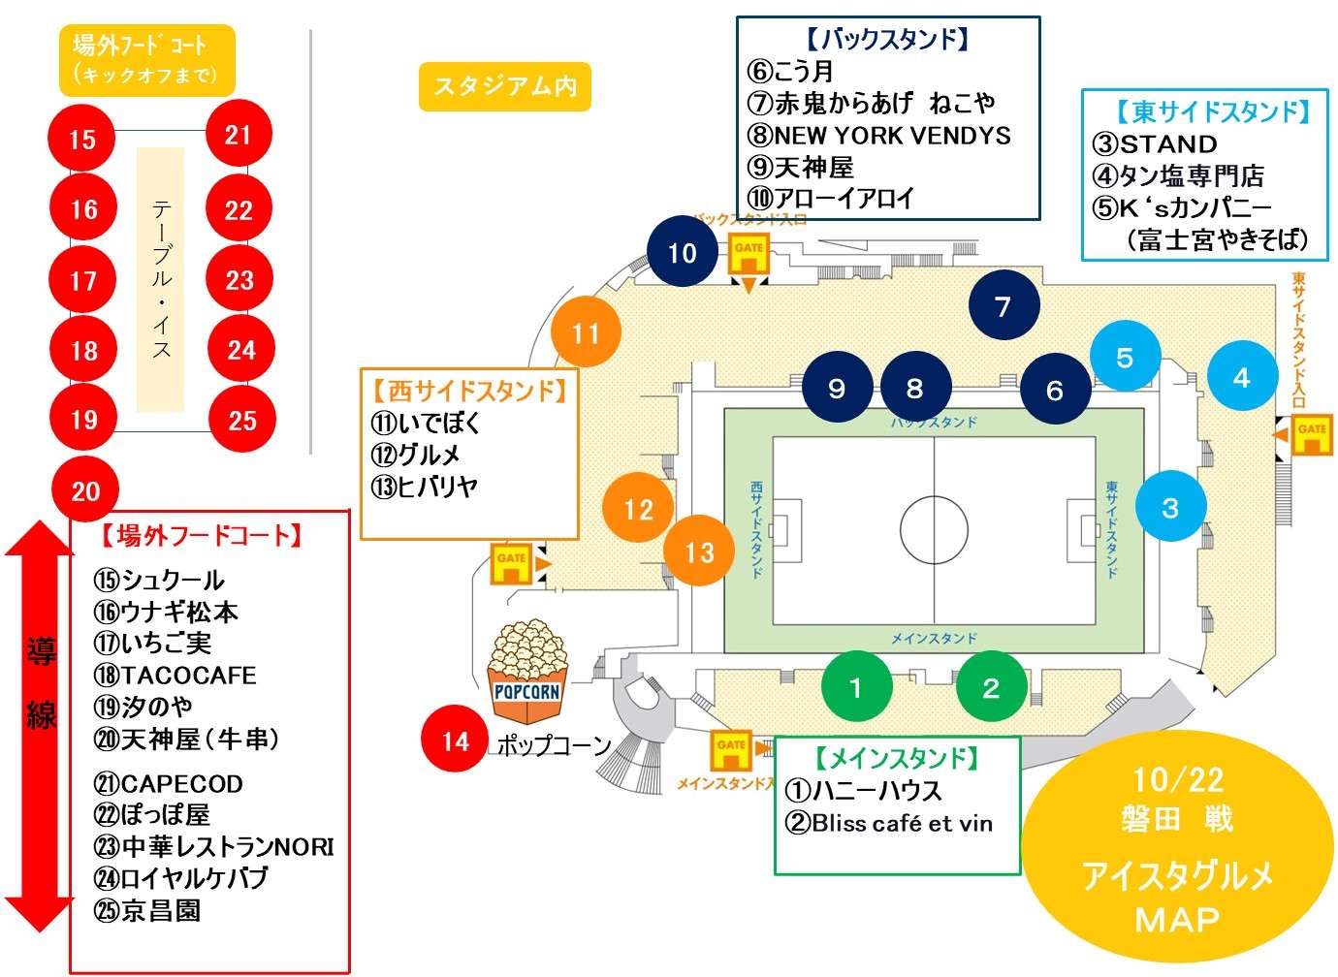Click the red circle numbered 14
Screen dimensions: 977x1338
[455, 741]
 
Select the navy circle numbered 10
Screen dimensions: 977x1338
[682, 253]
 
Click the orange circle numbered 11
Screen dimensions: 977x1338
[586, 333]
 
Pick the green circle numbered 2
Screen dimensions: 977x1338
[990, 687]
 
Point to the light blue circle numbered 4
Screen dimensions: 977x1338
[1241, 377]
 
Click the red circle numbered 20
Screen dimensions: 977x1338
[85, 490]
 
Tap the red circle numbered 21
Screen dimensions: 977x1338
[239, 135]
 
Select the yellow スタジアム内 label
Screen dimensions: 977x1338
[505, 87]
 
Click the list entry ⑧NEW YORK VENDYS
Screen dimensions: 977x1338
[878, 135]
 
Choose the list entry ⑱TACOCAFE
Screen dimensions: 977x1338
[175, 675]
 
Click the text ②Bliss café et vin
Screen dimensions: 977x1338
[888, 823]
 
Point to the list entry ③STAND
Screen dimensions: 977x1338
[1154, 143]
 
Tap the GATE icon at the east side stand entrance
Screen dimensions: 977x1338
[1311, 435]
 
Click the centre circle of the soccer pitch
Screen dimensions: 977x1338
[934, 530]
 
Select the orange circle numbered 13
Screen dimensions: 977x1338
[699, 552]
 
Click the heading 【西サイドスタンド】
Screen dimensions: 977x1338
[469, 391]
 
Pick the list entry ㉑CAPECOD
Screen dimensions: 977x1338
[168, 783]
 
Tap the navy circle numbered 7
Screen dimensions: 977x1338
[1003, 306]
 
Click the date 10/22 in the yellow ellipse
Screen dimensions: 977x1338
[1178, 779]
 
